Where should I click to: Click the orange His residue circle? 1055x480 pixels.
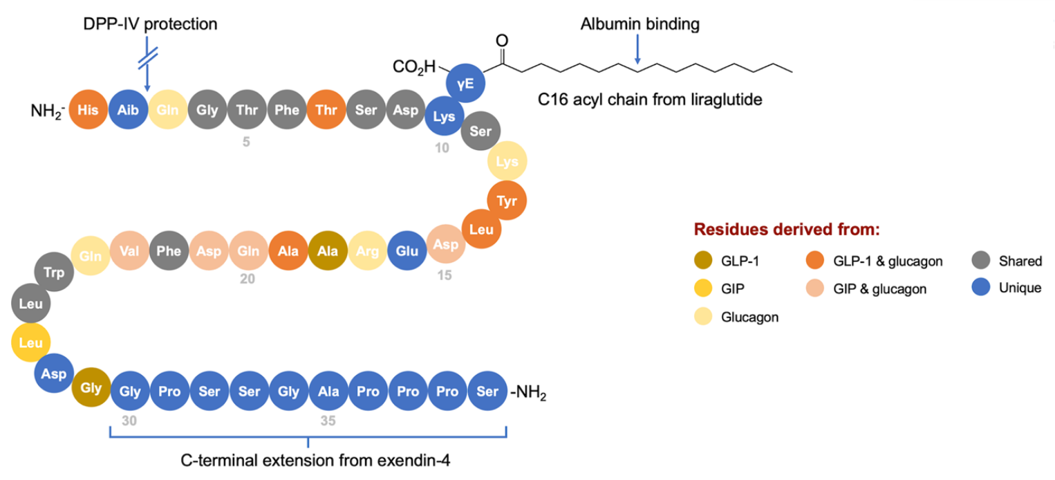(x=88, y=111)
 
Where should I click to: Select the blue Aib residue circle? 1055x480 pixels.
(x=128, y=111)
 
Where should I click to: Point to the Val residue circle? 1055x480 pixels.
(x=129, y=251)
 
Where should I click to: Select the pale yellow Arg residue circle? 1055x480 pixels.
(x=368, y=251)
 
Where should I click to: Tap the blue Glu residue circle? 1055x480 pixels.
(x=407, y=251)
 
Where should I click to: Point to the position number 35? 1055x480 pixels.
(x=328, y=420)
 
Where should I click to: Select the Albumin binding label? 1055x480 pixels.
(x=639, y=24)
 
